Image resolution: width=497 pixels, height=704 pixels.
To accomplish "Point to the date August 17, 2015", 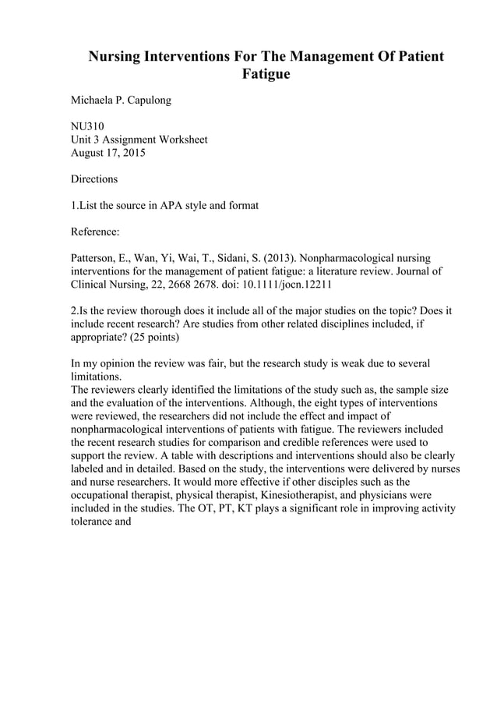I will pos(108,153).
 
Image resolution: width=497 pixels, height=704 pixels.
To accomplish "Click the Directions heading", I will pos(94,179).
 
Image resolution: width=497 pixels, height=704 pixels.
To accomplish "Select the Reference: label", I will pos(97,232).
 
